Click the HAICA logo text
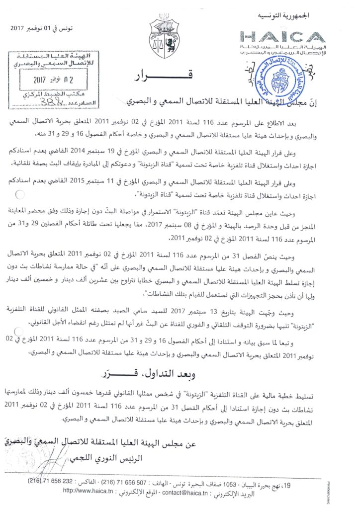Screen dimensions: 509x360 pyautogui.click(x=282, y=37)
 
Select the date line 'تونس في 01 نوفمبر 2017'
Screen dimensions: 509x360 pyautogui.click(x=41, y=28)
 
